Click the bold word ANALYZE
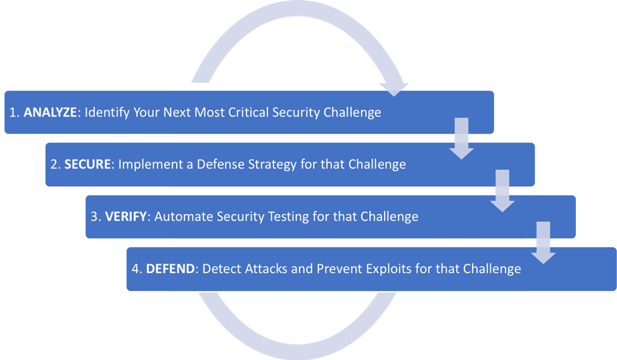[50, 113]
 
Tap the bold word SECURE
[87, 164]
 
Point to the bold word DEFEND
[169, 269]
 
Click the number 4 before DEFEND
[135, 269]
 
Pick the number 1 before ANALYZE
[13, 113]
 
